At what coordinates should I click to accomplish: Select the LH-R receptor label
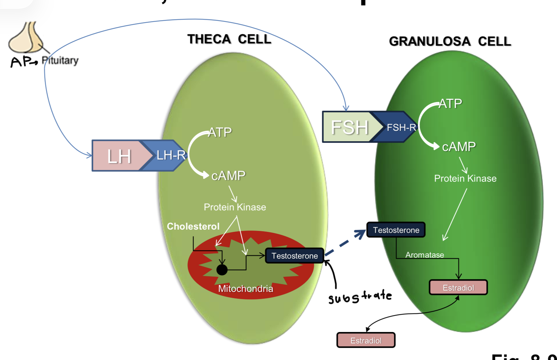coord(171,155)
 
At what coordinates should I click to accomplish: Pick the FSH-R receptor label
coord(401,127)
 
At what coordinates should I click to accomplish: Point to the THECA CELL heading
coord(229,39)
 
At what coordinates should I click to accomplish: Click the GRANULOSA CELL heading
coord(450,41)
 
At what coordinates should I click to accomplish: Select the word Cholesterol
coord(193,226)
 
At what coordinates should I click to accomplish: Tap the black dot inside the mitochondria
coord(222,270)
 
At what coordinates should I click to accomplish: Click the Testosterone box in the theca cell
coord(294,256)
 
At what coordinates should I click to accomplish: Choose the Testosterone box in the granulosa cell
coord(396,230)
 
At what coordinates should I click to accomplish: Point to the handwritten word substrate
coord(360,297)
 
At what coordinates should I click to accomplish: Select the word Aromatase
coord(424,255)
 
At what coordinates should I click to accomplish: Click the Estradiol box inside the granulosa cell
coord(458,288)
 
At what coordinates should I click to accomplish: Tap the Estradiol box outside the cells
coord(366,340)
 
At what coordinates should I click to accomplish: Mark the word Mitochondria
coord(245,289)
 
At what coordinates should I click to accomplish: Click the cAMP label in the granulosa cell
coord(458,147)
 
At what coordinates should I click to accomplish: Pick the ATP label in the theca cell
coord(220,132)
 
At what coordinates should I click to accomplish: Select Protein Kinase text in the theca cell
coord(235,207)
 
